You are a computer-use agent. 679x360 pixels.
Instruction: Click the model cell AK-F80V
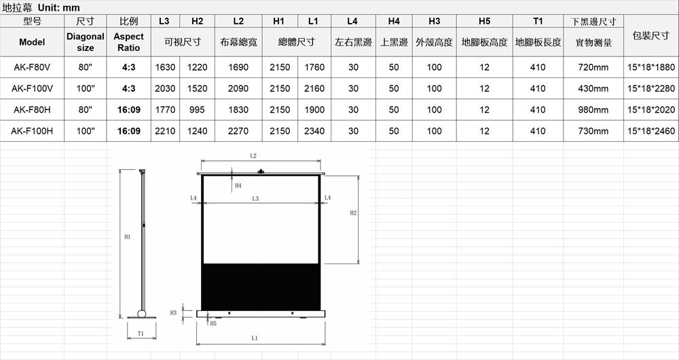click(x=32, y=67)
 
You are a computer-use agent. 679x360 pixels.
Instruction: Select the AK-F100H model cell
click(x=32, y=131)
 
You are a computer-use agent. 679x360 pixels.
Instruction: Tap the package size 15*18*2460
click(x=651, y=131)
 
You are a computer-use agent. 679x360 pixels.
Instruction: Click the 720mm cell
click(x=593, y=67)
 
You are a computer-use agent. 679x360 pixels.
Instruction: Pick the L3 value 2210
click(x=165, y=131)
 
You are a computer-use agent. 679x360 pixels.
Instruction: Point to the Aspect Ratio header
click(x=128, y=42)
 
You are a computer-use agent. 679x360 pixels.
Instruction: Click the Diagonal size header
click(x=86, y=42)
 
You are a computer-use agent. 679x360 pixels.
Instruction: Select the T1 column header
click(x=538, y=21)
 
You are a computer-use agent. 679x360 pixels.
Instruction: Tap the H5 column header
click(x=485, y=21)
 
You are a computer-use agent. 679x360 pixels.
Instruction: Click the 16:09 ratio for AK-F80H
click(x=128, y=109)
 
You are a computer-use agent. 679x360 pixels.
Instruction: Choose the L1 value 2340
click(x=314, y=131)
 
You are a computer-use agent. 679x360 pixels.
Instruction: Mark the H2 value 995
click(x=197, y=109)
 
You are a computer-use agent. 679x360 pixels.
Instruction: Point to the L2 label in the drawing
click(x=253, y=156)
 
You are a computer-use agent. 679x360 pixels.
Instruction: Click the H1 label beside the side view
click(x=128, y=236)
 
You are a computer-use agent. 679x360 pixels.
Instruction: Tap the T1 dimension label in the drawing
click(x=141, y=333)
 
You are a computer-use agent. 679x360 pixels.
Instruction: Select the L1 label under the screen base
click(x=254, y=338)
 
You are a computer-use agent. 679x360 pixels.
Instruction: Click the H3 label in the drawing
click(x=173, y=312)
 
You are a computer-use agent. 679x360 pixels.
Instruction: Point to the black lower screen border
click(x=261, y=287)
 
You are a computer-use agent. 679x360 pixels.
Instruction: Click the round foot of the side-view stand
click(x=142, y=314)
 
